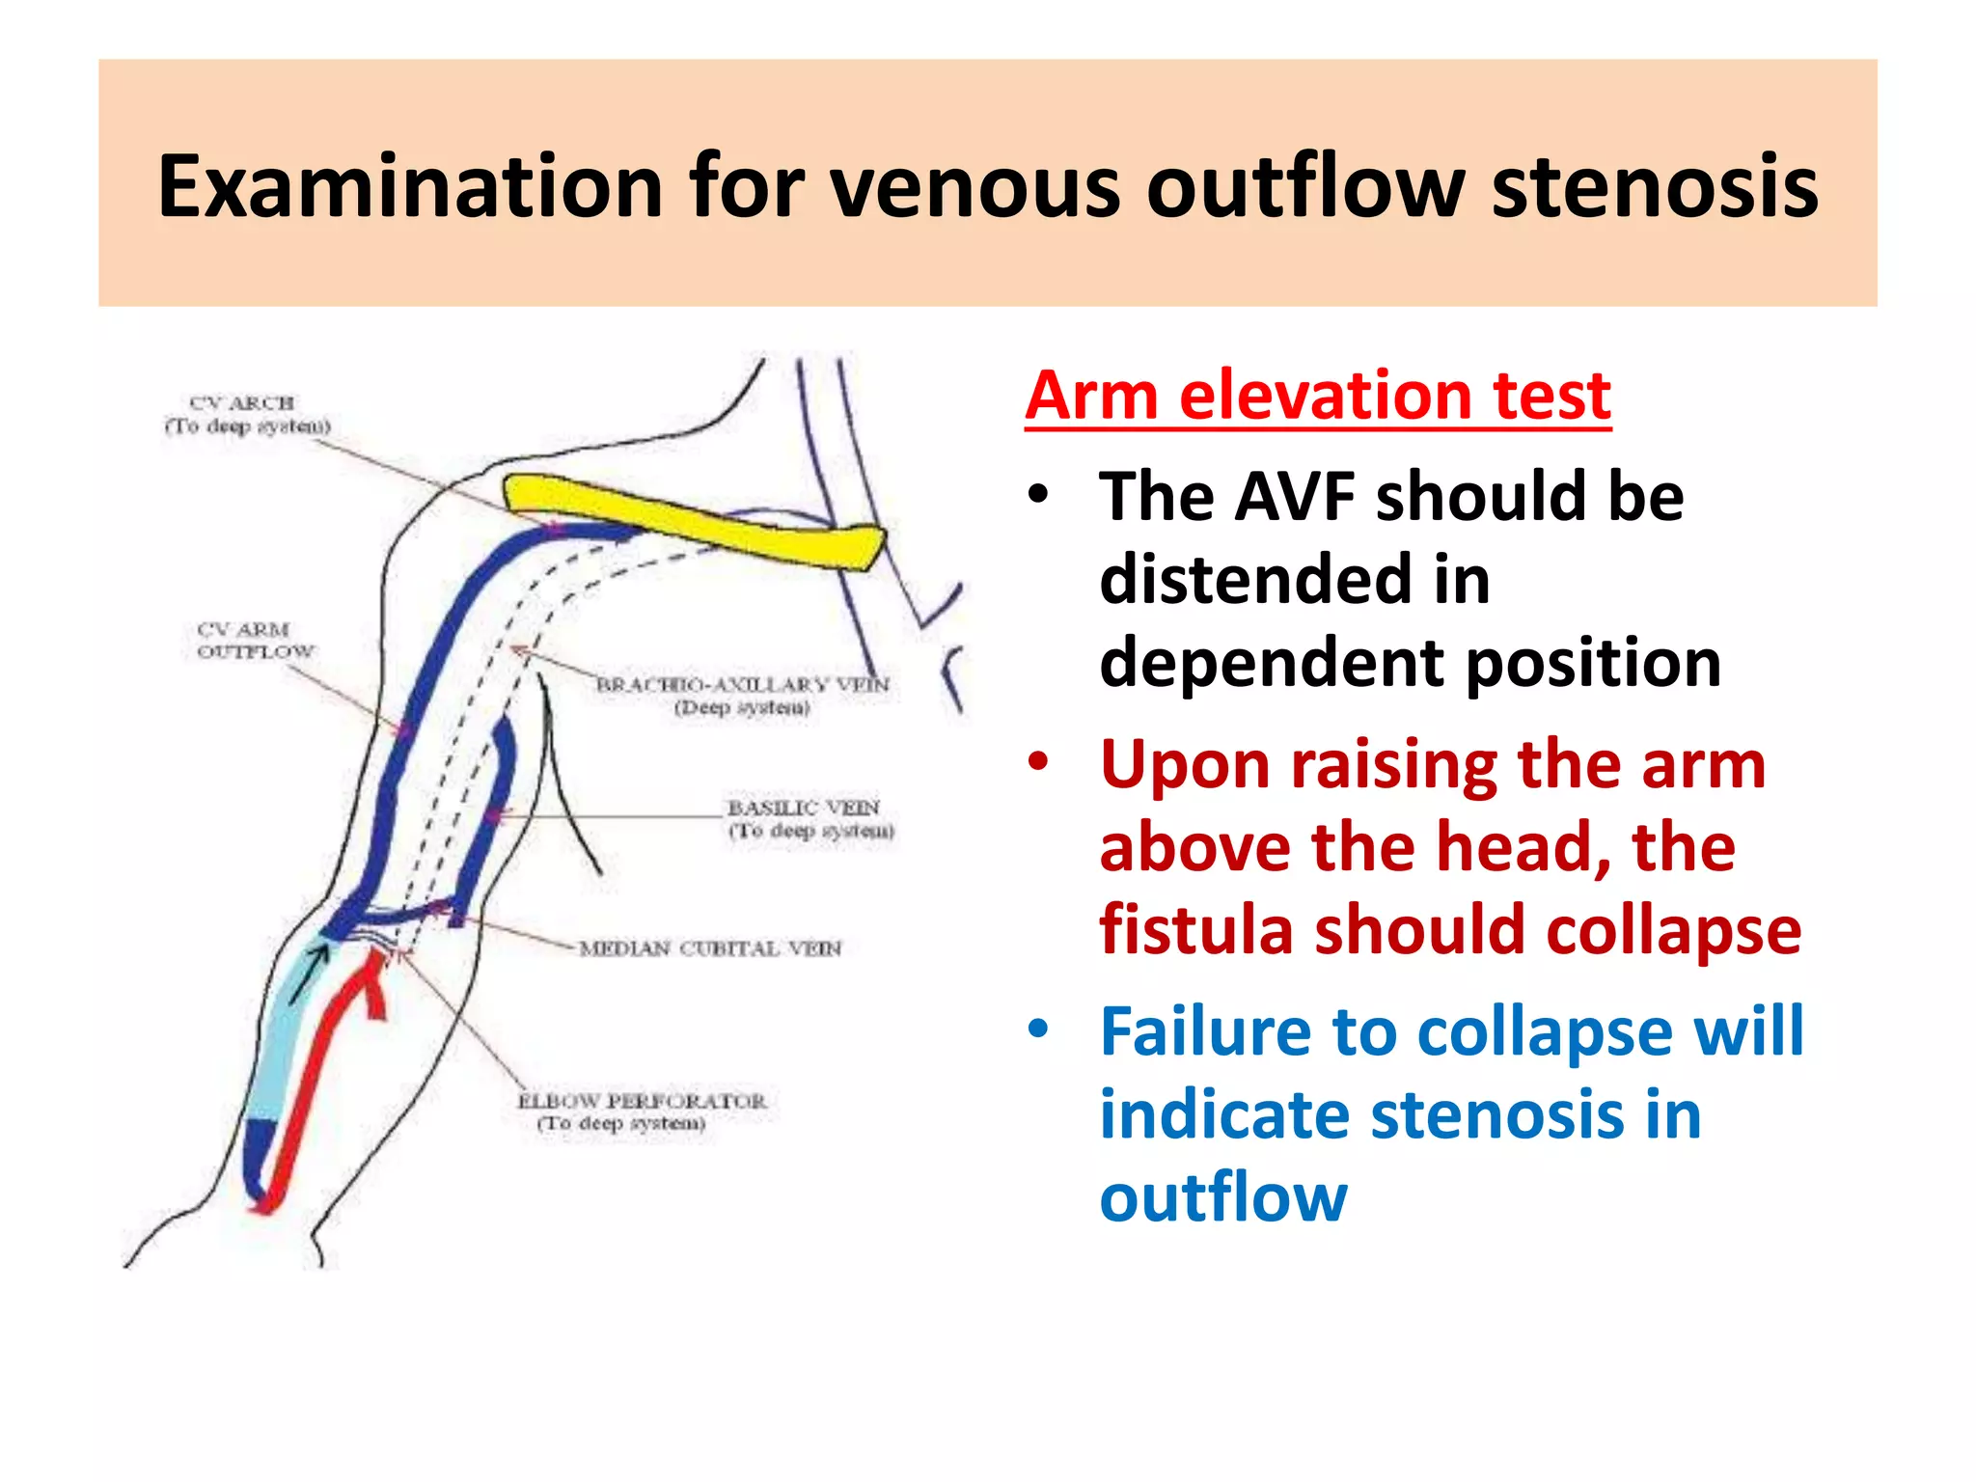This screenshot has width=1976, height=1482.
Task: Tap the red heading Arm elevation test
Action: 1317,396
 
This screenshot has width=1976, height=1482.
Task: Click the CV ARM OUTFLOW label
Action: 255,641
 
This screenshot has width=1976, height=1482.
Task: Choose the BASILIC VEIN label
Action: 809,818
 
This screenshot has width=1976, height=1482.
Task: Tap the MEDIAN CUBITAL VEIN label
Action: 709,948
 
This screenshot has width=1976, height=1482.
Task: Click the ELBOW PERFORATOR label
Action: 641,1111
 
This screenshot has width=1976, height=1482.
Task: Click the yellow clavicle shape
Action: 695,521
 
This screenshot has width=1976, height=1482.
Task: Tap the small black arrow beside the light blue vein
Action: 309,974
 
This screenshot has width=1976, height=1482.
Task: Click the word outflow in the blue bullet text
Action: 1222,1197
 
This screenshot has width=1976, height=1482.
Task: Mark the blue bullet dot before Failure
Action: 1038,1029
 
